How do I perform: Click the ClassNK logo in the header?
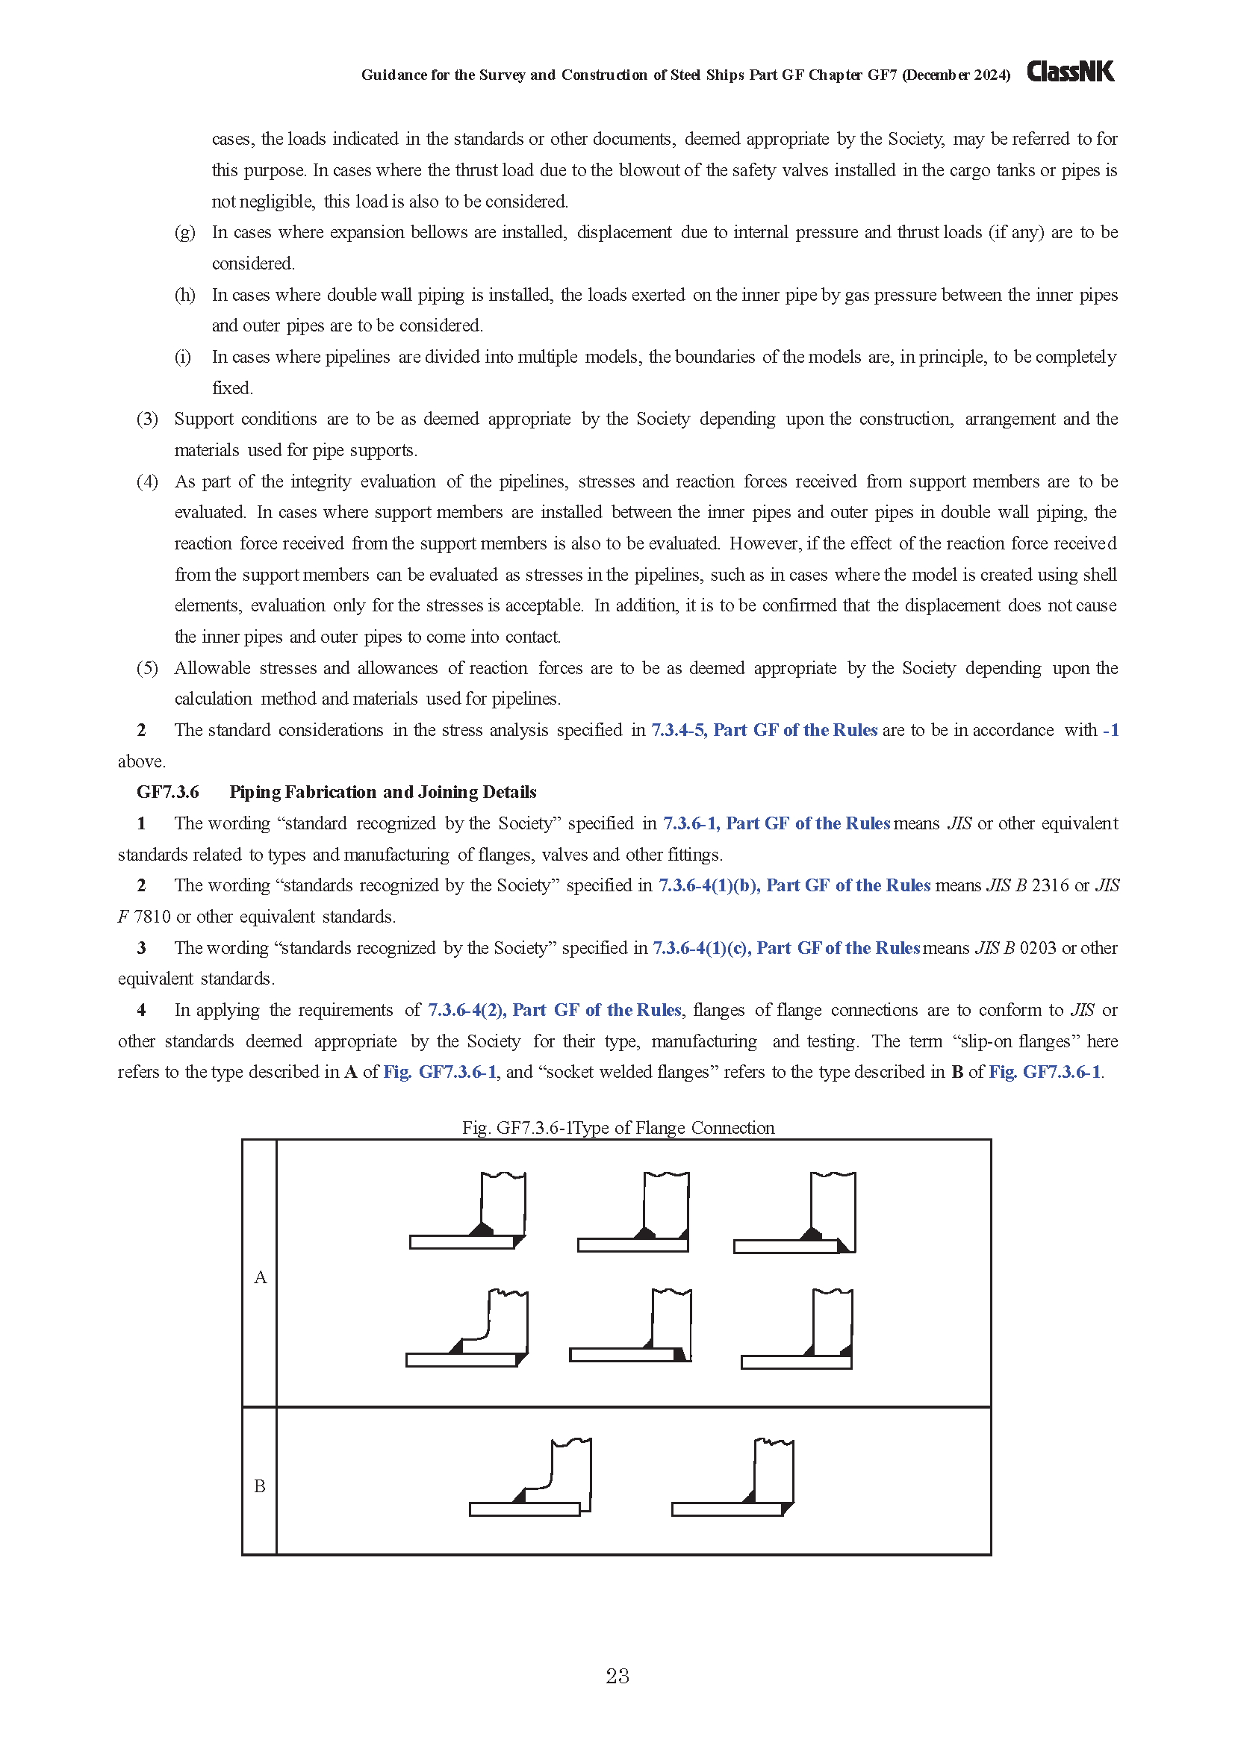[1070, 72]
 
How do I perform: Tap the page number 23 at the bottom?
[617, 1676]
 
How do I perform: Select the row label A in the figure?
[260, 1276]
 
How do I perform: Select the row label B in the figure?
[259, 1486]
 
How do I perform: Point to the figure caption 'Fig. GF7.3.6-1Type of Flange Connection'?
[617, 1127]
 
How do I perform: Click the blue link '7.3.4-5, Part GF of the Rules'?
[764, 730]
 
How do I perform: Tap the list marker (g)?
[184, 232]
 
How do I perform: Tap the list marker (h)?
[184, 294]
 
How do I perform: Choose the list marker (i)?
[183, 357]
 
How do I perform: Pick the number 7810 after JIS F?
[152, 917]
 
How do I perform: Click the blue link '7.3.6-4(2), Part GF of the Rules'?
[554, 1010]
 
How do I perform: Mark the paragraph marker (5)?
[147, 667]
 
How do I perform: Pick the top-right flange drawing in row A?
[794, 1213]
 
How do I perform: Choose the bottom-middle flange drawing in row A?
[630, 1326]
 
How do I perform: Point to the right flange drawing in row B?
[733, 1478]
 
